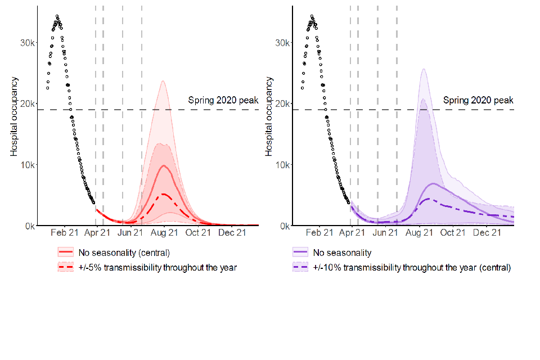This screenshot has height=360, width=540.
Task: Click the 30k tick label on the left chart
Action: tap(29, 43)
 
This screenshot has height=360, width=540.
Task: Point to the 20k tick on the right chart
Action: tap(283, 103)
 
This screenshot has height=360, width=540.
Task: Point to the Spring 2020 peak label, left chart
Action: tap(223, 101)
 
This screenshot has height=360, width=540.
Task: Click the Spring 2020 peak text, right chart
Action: tap(478, 101)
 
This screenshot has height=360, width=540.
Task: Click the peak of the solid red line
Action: tap(163, 165)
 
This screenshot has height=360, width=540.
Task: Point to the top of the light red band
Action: tap(163, 81)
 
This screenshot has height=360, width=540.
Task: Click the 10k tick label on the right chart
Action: tap(283, 165)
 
